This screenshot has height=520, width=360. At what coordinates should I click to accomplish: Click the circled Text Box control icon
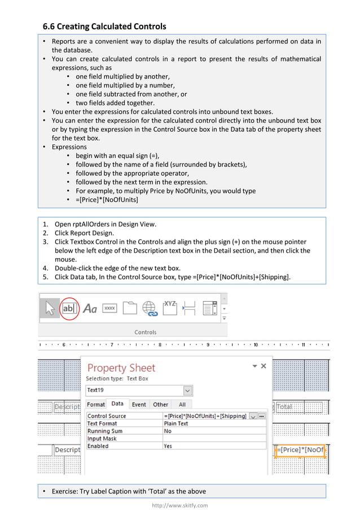click(x=69, y=309)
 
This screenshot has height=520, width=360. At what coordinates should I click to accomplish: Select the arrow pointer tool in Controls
click(x=50, y=309)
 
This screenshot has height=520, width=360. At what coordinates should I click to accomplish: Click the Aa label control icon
click(x=90, y=309)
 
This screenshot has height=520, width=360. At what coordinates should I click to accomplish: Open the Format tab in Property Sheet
click(x=96, y=404)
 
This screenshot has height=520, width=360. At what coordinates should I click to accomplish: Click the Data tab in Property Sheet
click(x=117, y=404)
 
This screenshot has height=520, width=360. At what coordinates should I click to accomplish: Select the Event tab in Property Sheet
click(x=139, y=404)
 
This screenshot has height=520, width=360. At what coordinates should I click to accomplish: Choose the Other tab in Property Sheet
click(x=161, y=404)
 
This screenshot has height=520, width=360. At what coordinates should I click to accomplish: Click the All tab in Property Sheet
click(x=182, y=404)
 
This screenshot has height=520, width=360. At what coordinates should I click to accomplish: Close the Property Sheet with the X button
click(x=263, y=366)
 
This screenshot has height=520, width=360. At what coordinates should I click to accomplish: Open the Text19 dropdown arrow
click(x=187, y=390)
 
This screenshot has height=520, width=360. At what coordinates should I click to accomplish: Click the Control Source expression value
click(x=205, y=416)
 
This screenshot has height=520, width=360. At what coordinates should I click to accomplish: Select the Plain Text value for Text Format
click(x=176, y=424)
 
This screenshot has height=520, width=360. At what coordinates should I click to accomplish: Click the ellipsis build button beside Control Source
click(x=261, y=416)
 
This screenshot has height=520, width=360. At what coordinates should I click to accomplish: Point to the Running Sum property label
click(x=105, y=431)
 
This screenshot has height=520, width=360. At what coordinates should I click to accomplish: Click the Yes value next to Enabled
click(x=168, y=446)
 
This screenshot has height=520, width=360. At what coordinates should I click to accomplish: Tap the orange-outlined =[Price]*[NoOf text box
click(x=300, y=450)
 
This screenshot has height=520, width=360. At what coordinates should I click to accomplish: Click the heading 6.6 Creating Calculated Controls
click(x=105, y=27)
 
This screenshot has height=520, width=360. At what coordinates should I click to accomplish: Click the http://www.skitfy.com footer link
click(x=180, y=505)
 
